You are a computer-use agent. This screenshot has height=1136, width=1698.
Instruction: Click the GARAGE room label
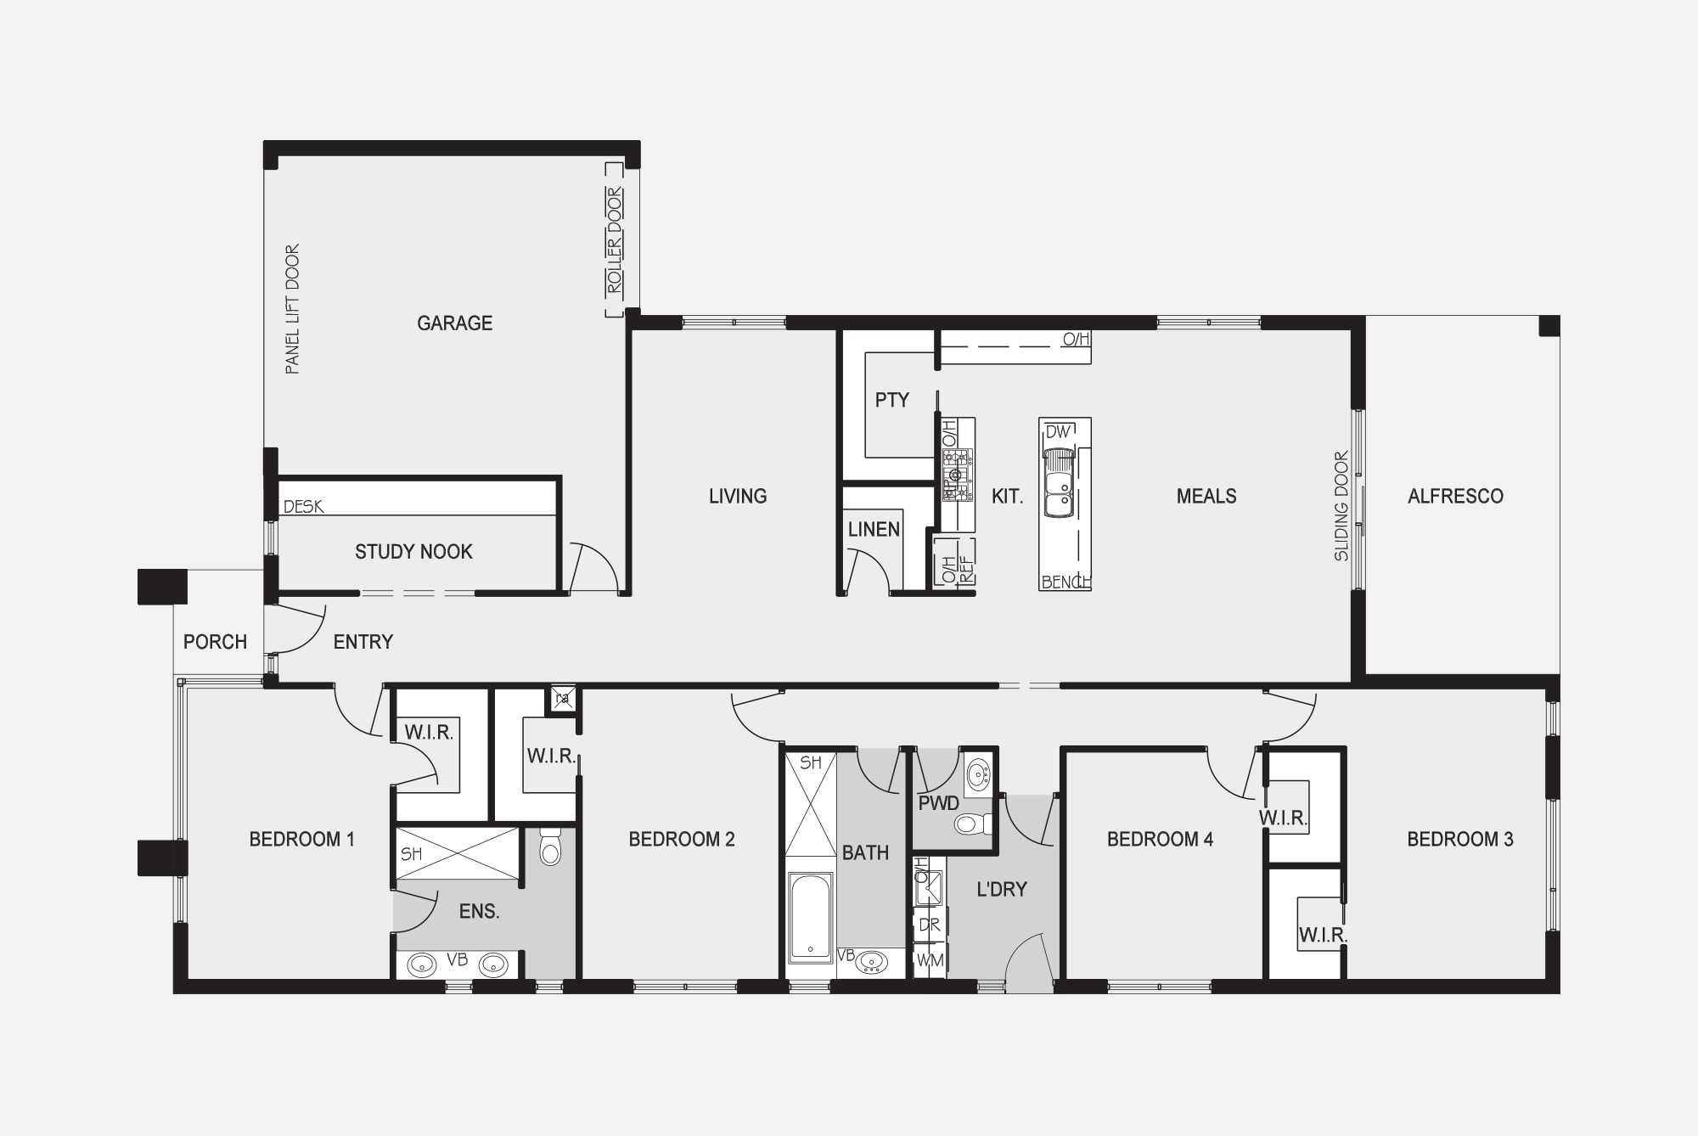(x=454, y=323)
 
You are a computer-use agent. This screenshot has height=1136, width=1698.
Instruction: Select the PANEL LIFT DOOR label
(x=292, y=310)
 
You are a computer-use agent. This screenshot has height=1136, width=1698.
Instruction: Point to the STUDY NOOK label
(x=413, y=552)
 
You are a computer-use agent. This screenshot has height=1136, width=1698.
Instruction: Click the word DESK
(x=303, y=506)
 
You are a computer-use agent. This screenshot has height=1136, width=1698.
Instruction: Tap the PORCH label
(x=215, y=642)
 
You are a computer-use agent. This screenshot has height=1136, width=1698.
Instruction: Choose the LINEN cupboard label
(x=874, y=530)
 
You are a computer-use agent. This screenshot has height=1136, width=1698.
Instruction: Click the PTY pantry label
(x=892, y=400)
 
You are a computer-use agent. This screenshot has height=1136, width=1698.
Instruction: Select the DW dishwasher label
(x=1058, y=432)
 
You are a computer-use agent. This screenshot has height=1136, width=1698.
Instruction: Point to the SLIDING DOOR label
(x=1341, y=506)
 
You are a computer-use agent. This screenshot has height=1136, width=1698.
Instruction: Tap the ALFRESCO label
(x=1455, y=497)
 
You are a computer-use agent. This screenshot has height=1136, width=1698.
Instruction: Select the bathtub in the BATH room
(x=810, y=919)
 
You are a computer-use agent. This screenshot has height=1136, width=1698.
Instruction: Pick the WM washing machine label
(x=931, y=960)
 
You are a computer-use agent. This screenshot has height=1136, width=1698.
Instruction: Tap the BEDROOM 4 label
(x=1160, y=840)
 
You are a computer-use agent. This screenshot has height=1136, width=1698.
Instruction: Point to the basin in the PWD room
(x=978, y=773)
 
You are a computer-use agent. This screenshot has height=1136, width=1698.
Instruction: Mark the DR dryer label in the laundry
(x=930, y=925)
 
